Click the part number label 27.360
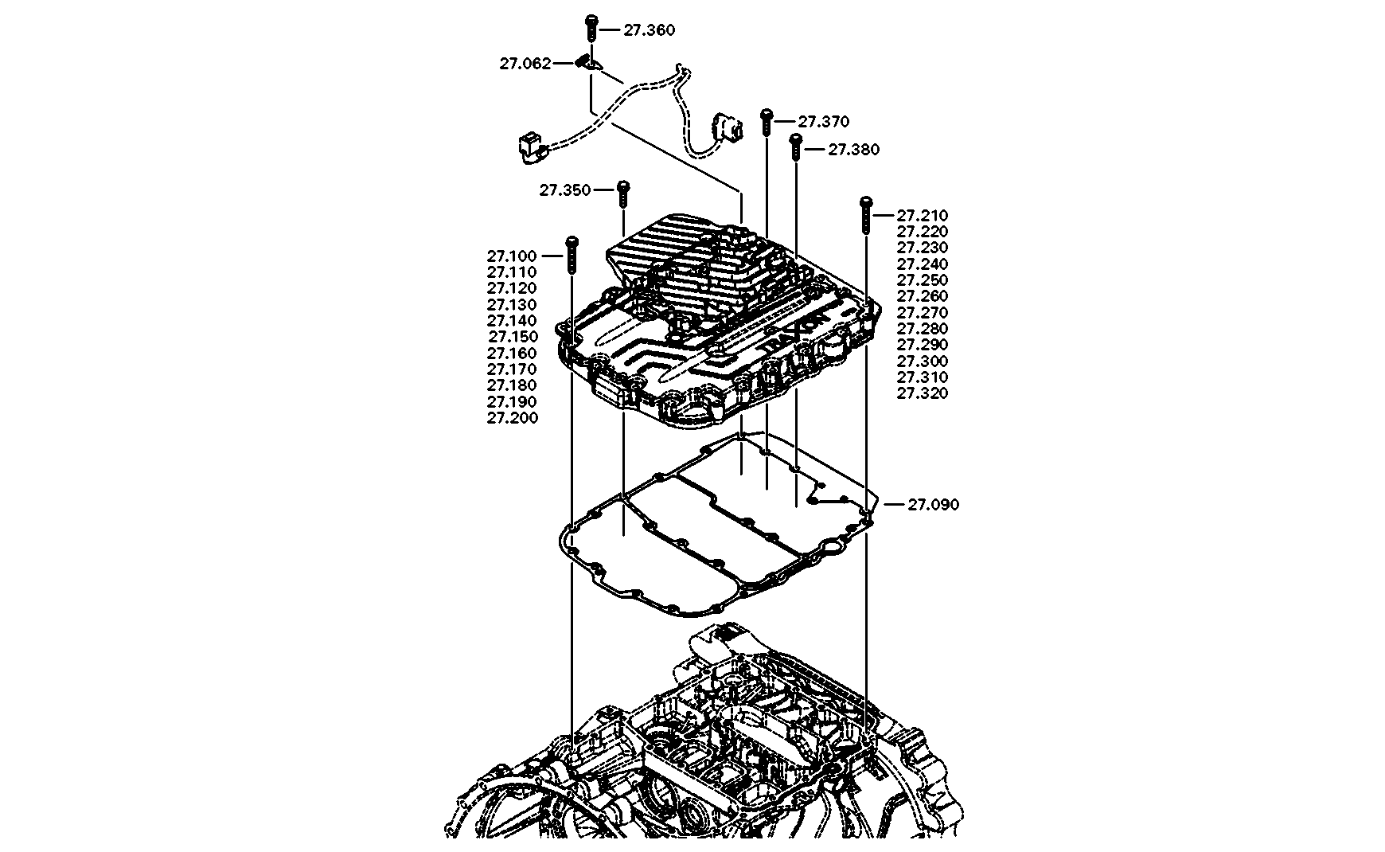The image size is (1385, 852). (649, 30)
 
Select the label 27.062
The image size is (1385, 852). (525, 64)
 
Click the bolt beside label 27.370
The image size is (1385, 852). (766, 121)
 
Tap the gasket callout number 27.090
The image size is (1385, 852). (933, 504)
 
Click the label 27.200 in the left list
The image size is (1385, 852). (513, 418)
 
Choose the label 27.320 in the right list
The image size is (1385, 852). (923, 393)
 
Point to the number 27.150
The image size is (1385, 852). (513, 337)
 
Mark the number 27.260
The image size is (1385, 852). (923, 296)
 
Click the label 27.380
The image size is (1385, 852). (854, 150)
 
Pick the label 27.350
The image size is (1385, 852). (564, 190)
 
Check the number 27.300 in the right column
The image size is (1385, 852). (923, 361)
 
